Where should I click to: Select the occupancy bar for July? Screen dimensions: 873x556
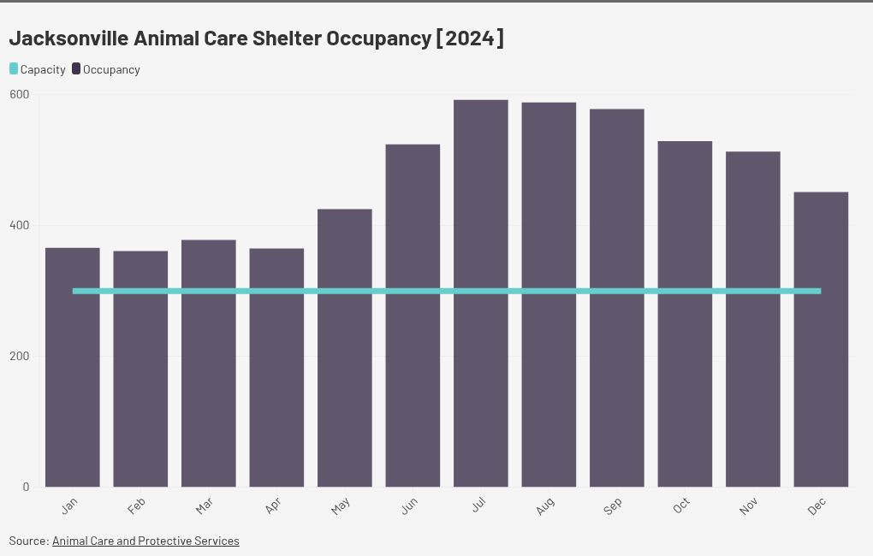(480, 293)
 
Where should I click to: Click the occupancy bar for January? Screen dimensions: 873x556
(73, 367)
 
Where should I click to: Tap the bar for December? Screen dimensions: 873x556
(821, 340)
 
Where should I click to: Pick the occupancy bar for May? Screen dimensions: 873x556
(345, 348)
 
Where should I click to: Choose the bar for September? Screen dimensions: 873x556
(617, 299)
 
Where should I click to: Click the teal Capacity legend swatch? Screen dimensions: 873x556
(14, 69)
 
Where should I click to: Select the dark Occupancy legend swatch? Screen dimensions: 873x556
(76, 69)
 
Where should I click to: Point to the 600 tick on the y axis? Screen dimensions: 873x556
(20, 95)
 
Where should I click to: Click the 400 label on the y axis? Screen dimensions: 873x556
(20, 226)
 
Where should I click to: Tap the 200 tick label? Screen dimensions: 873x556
(20, 356)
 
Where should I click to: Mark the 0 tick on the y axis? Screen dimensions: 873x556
(26, 487)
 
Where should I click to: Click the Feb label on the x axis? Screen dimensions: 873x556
(136, 506)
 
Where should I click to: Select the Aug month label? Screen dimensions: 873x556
(545, 506)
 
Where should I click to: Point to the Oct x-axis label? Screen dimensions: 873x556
(681, 506)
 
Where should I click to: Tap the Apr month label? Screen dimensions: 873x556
(273, 506)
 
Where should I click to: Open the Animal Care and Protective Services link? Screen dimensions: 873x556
(145, 541)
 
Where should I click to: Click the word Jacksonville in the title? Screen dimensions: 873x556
(69, 38)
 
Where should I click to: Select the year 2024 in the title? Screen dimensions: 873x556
(470, 38)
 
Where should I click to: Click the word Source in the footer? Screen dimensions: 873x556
(29, 541)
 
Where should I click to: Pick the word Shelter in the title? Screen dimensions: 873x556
(287, 38)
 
